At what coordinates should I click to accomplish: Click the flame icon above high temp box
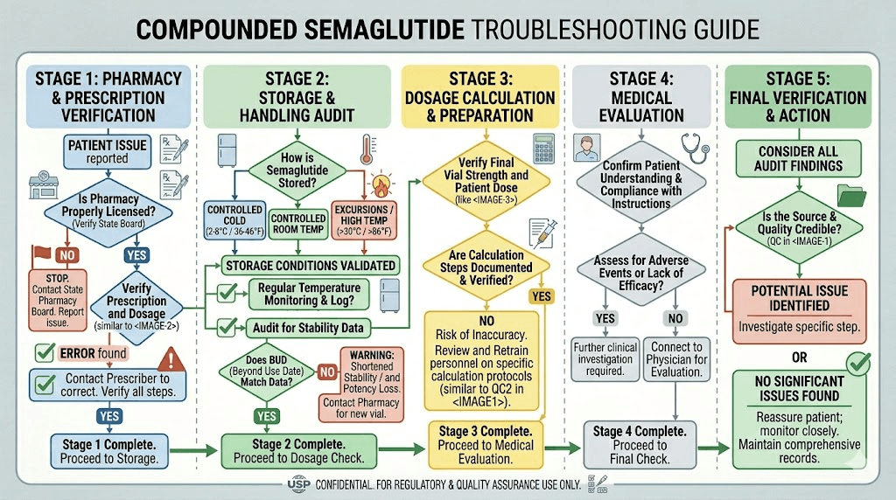coord(383,186)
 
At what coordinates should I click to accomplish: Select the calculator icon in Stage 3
coord(544,144)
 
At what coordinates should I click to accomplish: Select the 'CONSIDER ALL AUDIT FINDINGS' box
coord(800,158)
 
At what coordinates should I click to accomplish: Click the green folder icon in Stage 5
coord(850,194)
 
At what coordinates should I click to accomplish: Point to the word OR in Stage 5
coord(799,358)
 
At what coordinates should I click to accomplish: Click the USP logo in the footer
coord(293,484)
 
